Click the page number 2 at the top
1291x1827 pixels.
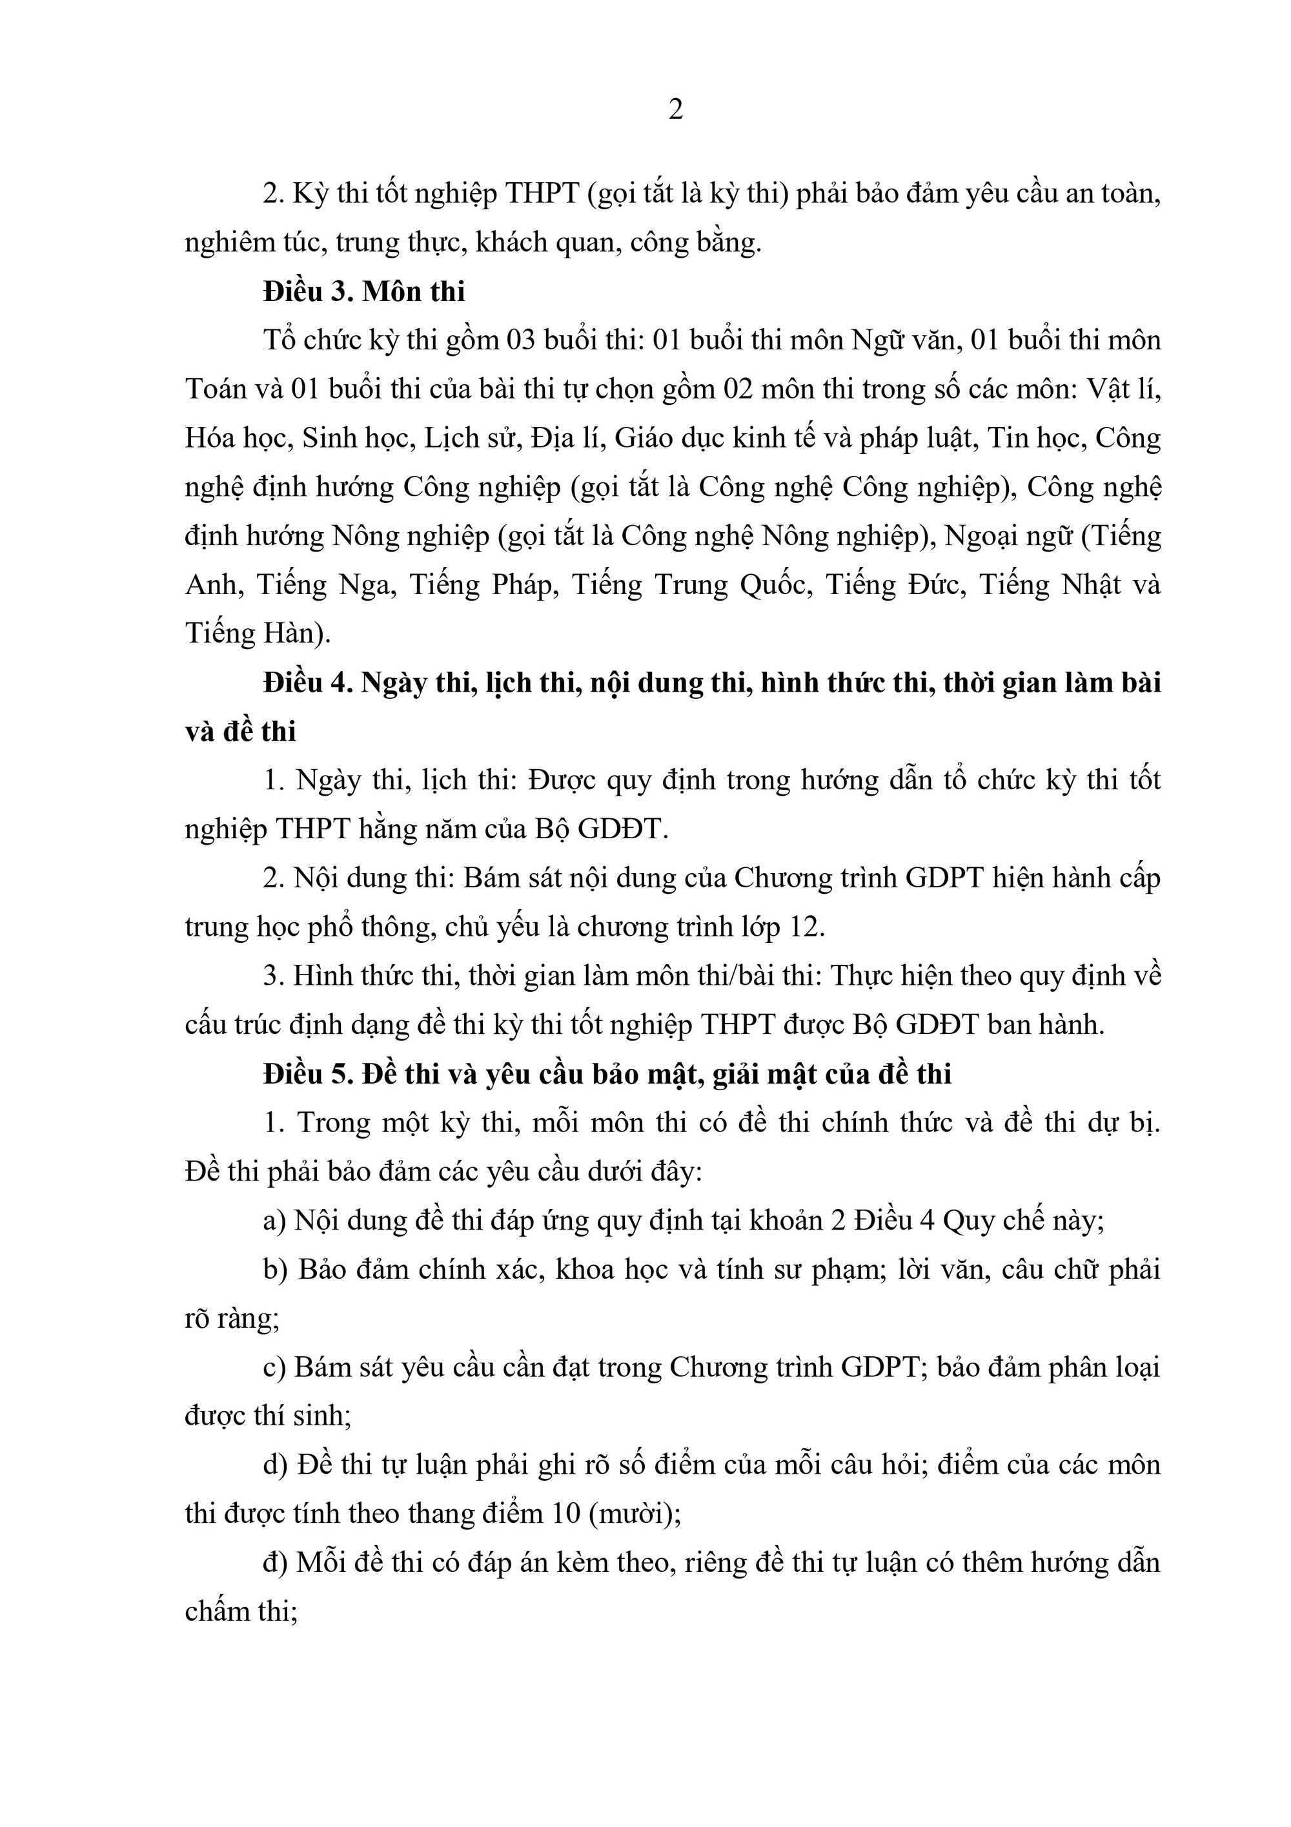click(x=675, y=110)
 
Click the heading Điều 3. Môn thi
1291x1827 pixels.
click(x=364, y=292)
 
